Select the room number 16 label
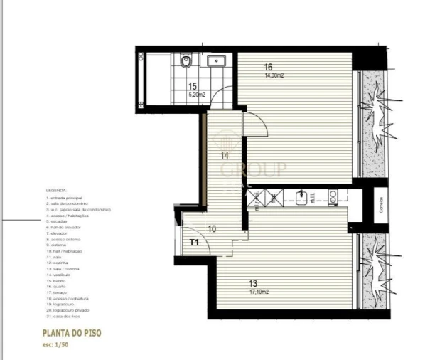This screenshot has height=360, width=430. [268, 68]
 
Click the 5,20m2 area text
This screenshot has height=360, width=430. [197, 92]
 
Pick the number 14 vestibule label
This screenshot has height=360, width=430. [224, 154]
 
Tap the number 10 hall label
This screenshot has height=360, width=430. [212, 229]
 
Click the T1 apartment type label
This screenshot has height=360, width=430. [194, 243]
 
